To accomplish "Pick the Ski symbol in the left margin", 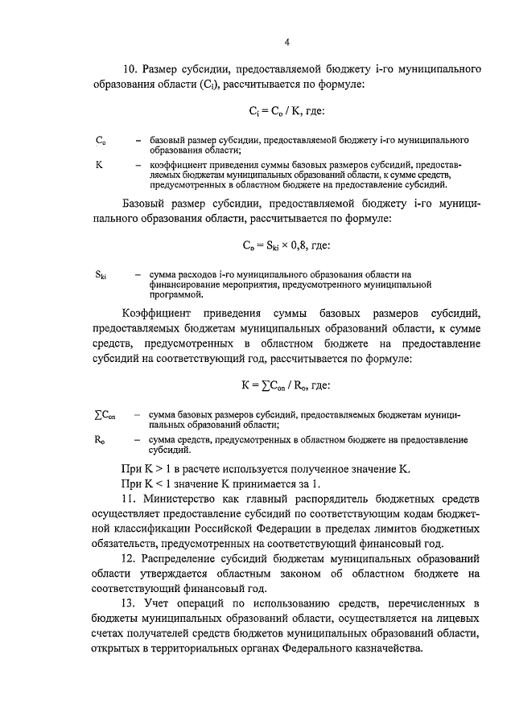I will (x=101, y=275).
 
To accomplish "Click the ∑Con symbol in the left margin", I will (x=105, y=414).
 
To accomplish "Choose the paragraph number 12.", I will (x=129, y=557).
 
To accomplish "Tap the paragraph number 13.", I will (x=129, y=603).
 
